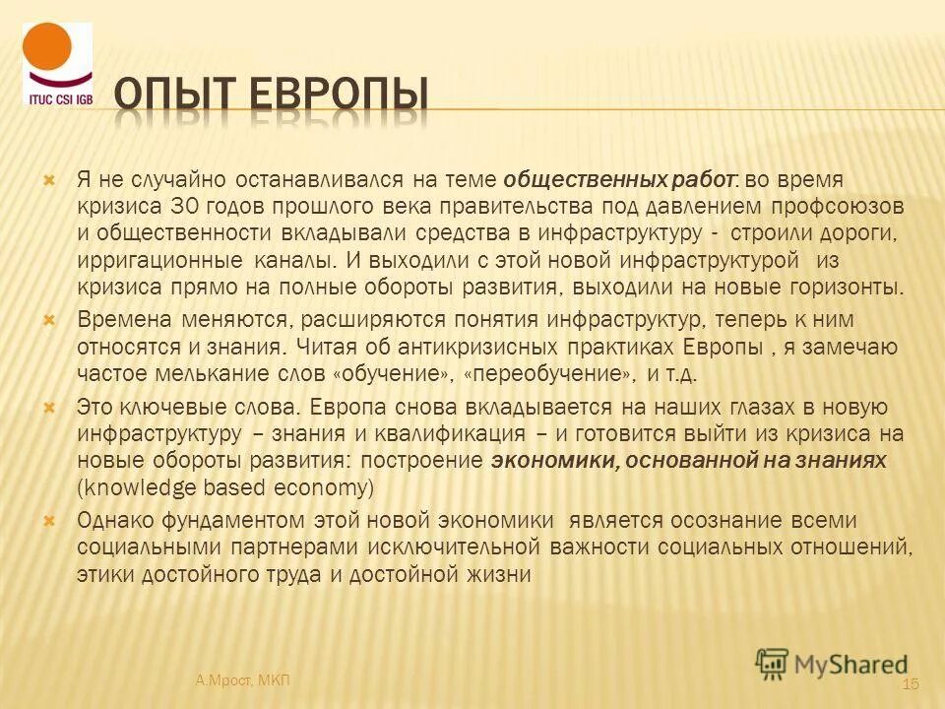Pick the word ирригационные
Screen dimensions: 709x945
coord(159,261)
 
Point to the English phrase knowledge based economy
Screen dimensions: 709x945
coord(224,487)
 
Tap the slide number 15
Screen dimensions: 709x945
coord(909,684)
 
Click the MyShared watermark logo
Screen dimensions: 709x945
coord(832,662)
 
